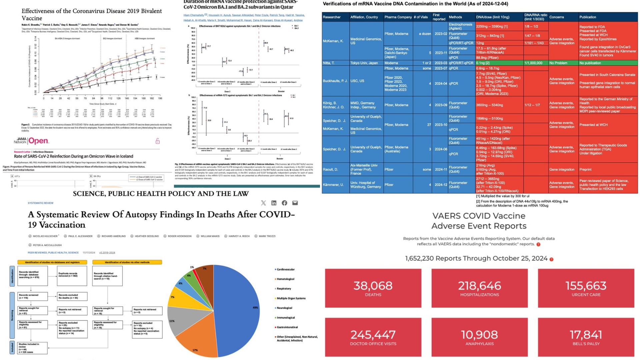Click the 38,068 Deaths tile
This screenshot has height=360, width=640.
tap(373, 288)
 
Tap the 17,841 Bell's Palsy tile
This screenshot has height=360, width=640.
tap(586, 337)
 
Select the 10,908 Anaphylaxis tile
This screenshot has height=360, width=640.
tap(479, 337)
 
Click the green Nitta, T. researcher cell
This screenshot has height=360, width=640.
tap(335, 63)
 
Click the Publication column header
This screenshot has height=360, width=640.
tap(588, 17)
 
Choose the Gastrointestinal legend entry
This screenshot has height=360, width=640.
tap(287, 327)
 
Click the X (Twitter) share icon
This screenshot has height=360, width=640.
tap(263, 203)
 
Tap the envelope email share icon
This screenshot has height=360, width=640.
tap(295, 203)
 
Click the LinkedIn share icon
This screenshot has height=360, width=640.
tap(274, 203)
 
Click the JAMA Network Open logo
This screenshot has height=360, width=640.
tap(31, 141)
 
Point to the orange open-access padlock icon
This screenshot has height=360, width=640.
tap(158, 141)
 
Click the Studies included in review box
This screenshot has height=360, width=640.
tap(32, 348)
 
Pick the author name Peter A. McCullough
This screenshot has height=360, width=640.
tap(47, 245)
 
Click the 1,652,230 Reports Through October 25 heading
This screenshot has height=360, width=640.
tap(476, 258)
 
